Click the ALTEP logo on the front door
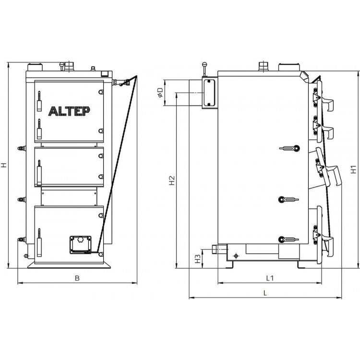[69, 111]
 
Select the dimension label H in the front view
[3, 165]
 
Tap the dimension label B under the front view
[77, 278]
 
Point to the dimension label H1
[354, 169]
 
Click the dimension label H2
[172, 180]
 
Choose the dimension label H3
[198, 259]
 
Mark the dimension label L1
[270, 278]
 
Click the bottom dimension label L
[265, 293]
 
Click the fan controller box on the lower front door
[80, 245]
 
